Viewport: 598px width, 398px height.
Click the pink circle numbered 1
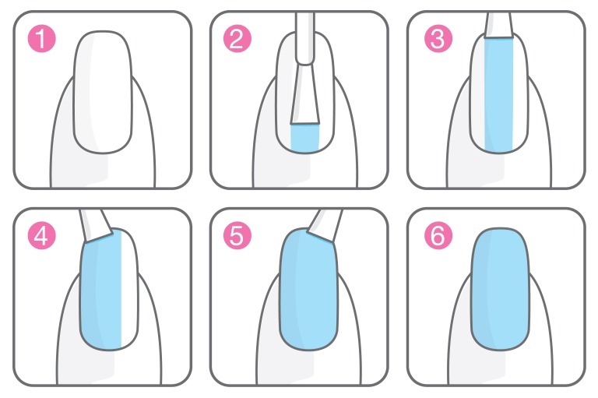[x=41, y=38]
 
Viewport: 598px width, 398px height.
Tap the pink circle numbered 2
[x=237, y=38]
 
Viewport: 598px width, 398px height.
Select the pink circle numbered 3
[x=438, y=38]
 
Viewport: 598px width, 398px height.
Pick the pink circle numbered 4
[x=41, y=236]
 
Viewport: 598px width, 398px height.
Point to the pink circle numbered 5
[x=237, y=236]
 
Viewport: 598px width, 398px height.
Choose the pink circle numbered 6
[x=438, y=236]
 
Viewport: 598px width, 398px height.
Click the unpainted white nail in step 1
[x=103, y=93]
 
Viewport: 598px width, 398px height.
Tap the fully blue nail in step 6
[x=500, y=289]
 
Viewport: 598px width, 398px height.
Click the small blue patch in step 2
[x=304, y=138]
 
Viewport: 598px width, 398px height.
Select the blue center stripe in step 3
[x=498, y=95]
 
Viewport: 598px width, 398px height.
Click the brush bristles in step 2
[x=304, y=94]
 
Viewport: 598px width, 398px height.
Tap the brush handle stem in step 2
[x=305, y=37]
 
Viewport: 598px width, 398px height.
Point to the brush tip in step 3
[x=498, y=25]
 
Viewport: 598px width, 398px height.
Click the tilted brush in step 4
[x=96, y=226]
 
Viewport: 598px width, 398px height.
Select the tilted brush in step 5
[x=325, y=226]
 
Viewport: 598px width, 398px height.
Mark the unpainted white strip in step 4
[x=129, y=289]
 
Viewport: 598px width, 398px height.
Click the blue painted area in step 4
[x=101, y=293]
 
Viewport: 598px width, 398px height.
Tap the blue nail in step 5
[x=308, y=289]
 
